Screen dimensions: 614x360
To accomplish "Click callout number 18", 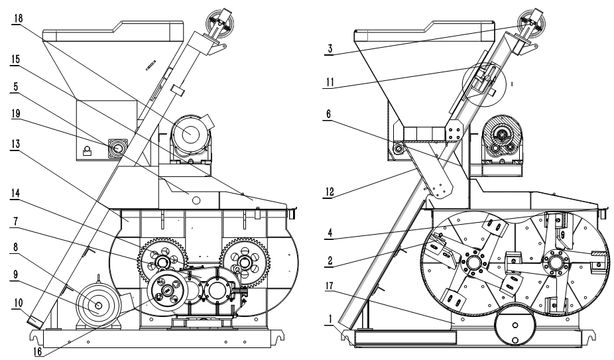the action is click(18, 19).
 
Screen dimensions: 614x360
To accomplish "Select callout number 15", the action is click(16, 60).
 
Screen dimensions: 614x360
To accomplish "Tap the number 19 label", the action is click(16, 114).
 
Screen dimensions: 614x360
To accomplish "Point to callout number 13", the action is click(15, 144).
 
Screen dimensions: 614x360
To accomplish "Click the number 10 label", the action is click(18, 303).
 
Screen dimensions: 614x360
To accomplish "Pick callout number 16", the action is click(38, 351).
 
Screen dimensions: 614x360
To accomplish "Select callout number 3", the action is click(330, 49).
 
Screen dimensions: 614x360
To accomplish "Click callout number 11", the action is click(330, 82).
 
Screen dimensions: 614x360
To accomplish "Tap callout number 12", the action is click(330, 192).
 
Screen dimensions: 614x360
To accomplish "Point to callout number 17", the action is click(330, 286).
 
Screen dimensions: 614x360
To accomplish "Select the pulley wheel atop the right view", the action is click(531, 22).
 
